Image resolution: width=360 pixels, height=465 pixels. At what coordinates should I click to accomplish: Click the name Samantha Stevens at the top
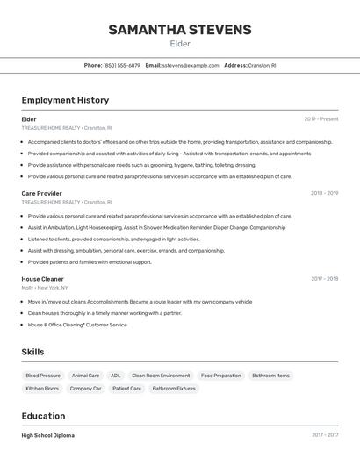pyautogui.click(x=179, y=30)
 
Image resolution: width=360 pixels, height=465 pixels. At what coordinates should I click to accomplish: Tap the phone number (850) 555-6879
pyautogui.click(x=121, y=65)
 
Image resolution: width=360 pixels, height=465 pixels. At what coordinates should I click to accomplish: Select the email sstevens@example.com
pyautogui.click(x=191, y=65)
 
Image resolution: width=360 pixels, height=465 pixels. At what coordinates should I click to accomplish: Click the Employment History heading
pyautogui.click(x=65, y=100)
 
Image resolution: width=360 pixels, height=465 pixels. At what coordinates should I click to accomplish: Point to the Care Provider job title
pyautogui.click(x=41, y=193)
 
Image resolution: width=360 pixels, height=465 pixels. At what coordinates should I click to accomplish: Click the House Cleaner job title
pyautogui.click(x=42, y=279)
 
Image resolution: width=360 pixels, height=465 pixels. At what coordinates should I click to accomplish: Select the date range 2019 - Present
pyautogui.click(x=320, y=119)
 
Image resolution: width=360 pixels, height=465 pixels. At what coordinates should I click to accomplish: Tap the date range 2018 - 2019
pyautogui.click(x=324, y=193)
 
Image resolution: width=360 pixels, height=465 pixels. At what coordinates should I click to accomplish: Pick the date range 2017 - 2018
pyautogui.click(x=324, y=279)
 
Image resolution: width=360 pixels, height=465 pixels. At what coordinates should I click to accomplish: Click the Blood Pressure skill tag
pyautogui.click(x=43, y=376)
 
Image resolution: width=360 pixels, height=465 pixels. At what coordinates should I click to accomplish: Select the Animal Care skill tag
pyautogui.click(x=85, y=376)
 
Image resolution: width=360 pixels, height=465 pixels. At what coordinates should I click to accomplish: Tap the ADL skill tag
pyautogui.click(x=115, y=376)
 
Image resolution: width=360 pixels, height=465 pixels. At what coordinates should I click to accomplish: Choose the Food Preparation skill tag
pyautogui.click(x=220, y=376)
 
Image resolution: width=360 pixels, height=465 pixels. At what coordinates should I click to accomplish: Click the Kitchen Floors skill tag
pyautogui.click(x=42, y=388)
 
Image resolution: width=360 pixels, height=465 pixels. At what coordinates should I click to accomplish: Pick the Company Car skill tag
pyautogui.click(x=85, y=388)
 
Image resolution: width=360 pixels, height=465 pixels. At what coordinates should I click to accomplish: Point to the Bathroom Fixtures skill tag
pyautogui.click(x=174, y=388)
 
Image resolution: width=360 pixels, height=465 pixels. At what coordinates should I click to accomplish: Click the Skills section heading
pyautogui.click(x=32, y=352)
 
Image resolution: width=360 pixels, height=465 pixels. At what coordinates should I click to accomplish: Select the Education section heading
pyautogui.click(x=43, y=416)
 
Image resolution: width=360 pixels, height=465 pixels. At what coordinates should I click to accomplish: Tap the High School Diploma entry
pyautogui.click(x=47, y=435)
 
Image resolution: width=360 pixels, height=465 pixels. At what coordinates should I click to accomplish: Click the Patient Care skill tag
pyautogui.click(x=126, y=388)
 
